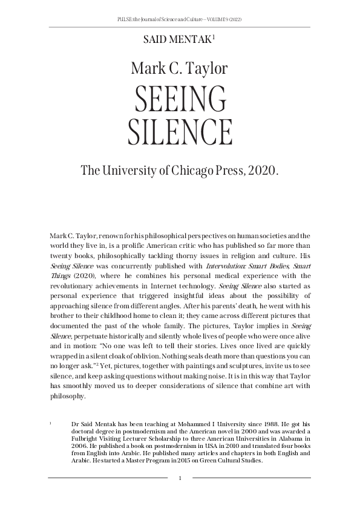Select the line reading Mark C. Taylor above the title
tap(180, 68)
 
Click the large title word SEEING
tap(180, 99)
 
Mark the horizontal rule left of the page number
tap(109, 478)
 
